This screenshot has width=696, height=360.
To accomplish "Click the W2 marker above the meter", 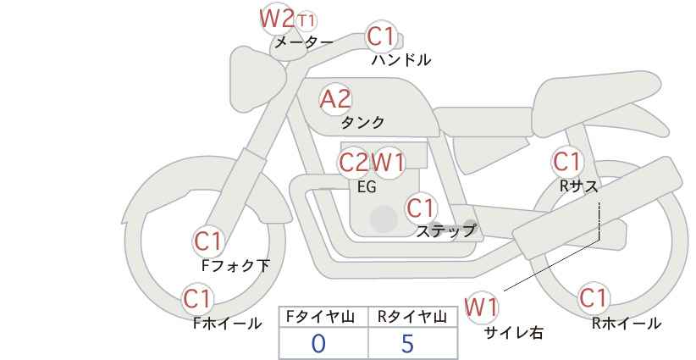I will tap(276, 18).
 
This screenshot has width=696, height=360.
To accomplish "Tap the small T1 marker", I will tap(307, 19).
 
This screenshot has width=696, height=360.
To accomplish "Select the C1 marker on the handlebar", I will tap(381, 37).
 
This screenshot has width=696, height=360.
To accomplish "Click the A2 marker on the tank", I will tap(334, 99).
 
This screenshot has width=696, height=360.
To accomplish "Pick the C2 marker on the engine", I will tap(354, 162).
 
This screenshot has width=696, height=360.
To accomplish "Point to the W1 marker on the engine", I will tap(389, 162).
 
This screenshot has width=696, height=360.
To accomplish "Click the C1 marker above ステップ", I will tap(421, 208).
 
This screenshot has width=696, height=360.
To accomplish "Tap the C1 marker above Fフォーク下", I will tap(208, 241).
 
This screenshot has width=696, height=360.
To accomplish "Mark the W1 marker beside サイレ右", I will tap(482, 307).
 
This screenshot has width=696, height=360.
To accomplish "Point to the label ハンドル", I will tap(401, 60).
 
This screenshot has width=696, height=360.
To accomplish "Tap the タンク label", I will tap(362, 122).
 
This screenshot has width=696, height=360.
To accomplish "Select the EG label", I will tap(367, 187).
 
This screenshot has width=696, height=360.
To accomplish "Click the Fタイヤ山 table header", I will tap(323, 318).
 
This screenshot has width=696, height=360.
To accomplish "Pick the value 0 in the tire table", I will tap(319, 343).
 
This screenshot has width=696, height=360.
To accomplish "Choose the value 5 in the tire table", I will tap(407, 343).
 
